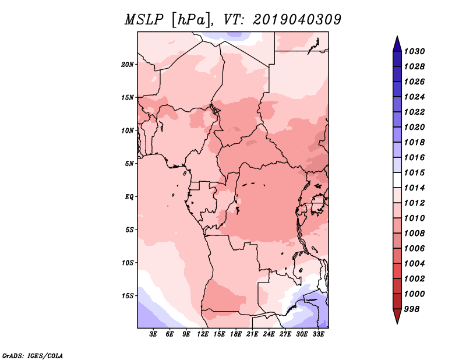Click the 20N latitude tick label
click(128, 64)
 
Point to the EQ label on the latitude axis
click(129, 196)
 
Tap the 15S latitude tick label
click(128, 295)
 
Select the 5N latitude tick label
click(129, 164)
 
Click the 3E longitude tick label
click(153, 334)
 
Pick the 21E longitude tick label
click(252, 334)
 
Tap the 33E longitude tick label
click(318, 334)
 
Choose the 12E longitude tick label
click(203, 334)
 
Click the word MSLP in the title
click(143, 20)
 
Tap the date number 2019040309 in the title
click(297, 20)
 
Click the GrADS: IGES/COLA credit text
click(32, 355)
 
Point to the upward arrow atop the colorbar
click(397, 43)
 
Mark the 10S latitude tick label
click(128, 263)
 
